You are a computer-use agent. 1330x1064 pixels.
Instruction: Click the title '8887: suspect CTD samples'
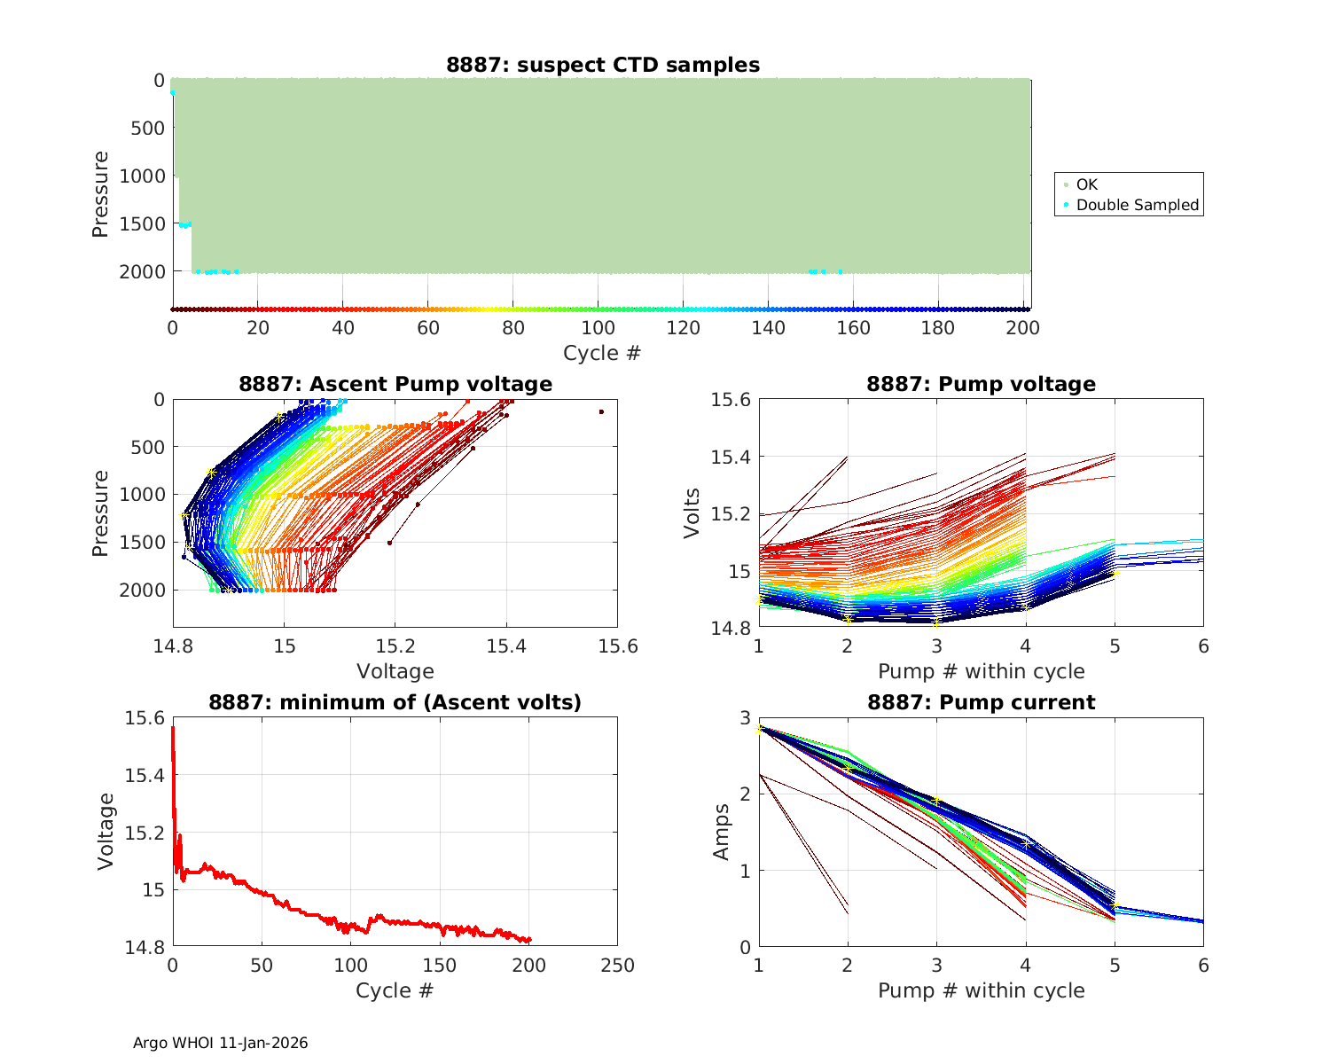(x=602, y=65)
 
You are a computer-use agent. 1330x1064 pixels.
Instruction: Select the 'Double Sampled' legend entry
(x=1137, y=205)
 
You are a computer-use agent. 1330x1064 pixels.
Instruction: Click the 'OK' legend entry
(x=1086, y=184)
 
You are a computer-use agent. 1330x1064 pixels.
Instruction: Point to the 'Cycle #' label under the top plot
(x=601, y=353)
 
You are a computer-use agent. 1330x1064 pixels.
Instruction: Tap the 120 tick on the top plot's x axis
(x=683, y=328)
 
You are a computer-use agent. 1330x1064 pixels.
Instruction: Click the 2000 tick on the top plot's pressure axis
(x=142, y=271)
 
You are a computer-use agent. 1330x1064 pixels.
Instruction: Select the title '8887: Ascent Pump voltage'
(x=395, y=384)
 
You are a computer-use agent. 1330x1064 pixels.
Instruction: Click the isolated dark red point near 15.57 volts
(x=601, y=411)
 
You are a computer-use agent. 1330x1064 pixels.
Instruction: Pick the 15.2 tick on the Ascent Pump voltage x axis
(x=395, y=645)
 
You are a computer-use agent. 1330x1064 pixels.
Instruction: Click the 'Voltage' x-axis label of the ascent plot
(x=395, y=671)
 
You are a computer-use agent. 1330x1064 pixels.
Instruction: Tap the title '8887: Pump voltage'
(x=981, y=384)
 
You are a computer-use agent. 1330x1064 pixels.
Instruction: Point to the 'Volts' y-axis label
(x=692, y=512)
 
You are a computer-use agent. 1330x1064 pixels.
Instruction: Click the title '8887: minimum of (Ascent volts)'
(x=395, y=702)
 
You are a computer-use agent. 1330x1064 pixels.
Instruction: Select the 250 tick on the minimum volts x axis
(x=617, y=965)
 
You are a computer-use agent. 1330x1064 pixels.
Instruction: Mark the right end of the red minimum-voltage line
(x=530, y=940)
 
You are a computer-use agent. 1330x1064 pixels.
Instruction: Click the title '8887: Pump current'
(x=981, y=702)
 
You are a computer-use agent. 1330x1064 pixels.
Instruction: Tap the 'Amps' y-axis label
(x=723, y=831)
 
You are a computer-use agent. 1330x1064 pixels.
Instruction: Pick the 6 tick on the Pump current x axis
(x=1203, y=965)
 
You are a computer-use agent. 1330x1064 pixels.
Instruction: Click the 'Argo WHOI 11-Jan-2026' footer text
(x=220, y=1043)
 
